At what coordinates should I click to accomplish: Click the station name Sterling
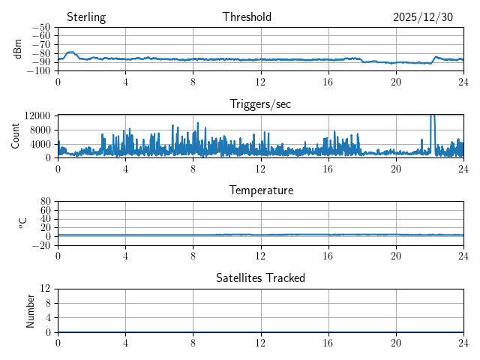pyautogui.click(x=86, y=17)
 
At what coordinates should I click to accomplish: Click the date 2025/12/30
pyautogui.click(x=423, y=17)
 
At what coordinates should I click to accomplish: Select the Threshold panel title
pyautogui.click(x=247, y=17)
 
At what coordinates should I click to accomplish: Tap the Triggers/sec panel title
pyautogui.click(x=260, y=104)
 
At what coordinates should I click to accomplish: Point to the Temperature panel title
pyautogui.click(x=260, y=190)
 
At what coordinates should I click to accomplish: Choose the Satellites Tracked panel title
pyautogui.click(x=260, y=277)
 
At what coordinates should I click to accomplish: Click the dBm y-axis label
pyautogui.click(x=18, y=49)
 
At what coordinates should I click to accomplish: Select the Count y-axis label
pyautogui.click(x=15, y=136)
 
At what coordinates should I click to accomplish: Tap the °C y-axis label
pyautogui.click(x=22, y=223)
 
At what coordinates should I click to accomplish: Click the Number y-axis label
pyautogui.click(x=31, y=310)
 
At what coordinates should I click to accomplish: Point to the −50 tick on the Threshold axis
pyautogui.click(x=40, y=28)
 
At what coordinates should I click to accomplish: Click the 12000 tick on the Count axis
pyautogui.click(x=37, y=115)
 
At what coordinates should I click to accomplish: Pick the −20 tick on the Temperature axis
pyautogui.click(x=40, y=245)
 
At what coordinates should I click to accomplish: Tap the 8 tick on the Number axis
pyautogui.click(x=48, y=303)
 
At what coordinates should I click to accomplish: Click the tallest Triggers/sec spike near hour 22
pyautogui.click(x=432, y=116)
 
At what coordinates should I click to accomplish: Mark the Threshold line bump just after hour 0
pyautogui.click(x=70, y=52)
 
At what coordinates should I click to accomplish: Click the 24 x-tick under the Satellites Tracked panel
pyautogui.click(x=463, y=341)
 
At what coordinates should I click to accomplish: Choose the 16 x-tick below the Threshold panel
pyautogui.click(x=328, y=81)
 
